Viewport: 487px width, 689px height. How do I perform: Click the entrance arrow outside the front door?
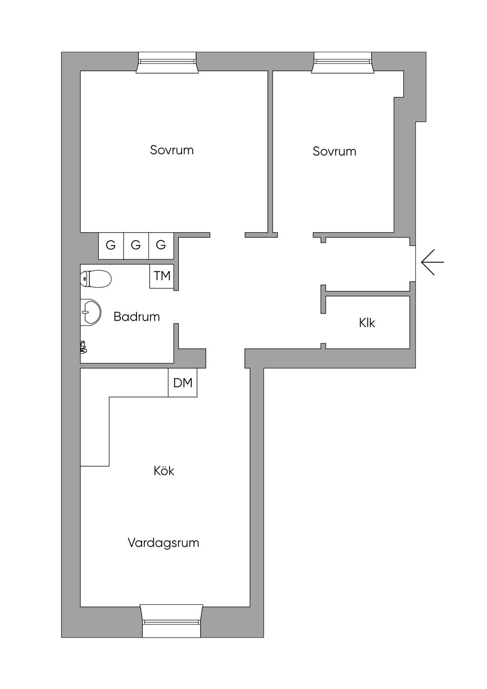click(x=432, y=262)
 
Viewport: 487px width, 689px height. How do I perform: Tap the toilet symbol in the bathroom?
click(x=96, y=279)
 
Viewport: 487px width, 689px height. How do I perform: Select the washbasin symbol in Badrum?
click(x=90, y=312)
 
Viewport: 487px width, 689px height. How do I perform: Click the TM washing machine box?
click(x=162, y=276)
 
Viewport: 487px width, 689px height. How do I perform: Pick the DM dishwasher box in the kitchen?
click(x=183, y=383)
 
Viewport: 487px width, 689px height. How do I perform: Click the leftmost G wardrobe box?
click(x=111, y=246)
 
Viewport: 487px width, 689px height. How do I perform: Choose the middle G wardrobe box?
click(x=136, y=246)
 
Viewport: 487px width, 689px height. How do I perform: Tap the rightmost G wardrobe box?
click(x=161, y=246)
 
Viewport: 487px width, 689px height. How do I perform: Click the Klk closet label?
click(x=367, y=323)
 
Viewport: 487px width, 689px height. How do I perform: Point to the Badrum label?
click(x=136, y=316)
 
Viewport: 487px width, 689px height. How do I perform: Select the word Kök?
click(x=164, y=471)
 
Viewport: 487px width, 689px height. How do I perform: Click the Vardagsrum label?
click(x=163, y=542)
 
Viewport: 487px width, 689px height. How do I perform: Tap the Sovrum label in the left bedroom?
click(x=172, y=150)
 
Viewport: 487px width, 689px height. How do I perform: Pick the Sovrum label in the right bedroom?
click(x=334, y=151)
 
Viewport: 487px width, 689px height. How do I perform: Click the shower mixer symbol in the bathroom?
click(x=83, y=347)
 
